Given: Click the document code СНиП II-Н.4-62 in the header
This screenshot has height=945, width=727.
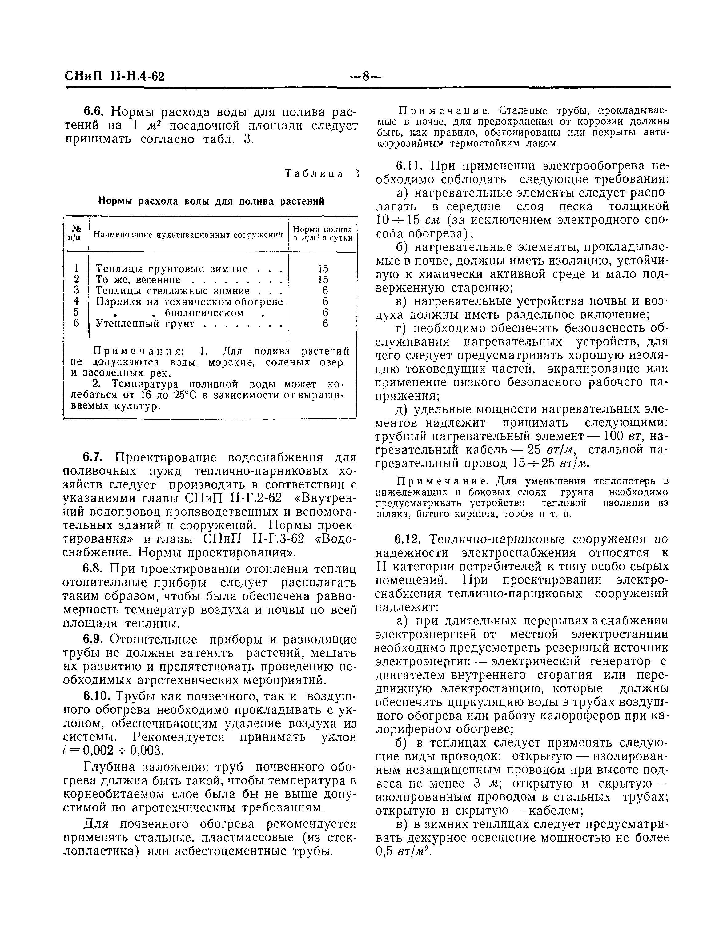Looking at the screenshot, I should click(115, 77).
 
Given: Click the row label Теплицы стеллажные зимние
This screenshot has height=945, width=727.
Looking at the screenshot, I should click(172, 291).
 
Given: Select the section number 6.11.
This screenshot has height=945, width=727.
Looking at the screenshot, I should click(409, 165).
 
